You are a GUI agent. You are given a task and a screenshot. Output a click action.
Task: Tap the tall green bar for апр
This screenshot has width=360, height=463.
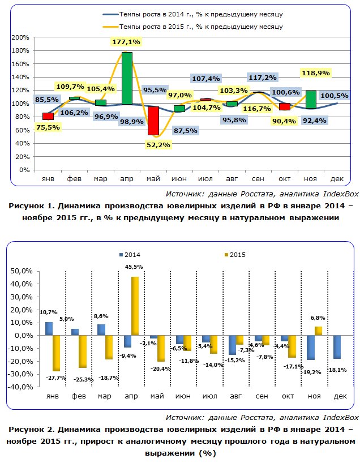(x=127, y=78)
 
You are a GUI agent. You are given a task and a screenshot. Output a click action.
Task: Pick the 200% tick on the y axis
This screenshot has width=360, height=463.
(x=20, y=37)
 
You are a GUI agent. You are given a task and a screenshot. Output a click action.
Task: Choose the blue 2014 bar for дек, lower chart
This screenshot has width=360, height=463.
(x=337, y=346)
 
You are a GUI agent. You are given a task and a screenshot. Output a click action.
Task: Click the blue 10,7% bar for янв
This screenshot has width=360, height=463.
(x=49, y=328)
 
